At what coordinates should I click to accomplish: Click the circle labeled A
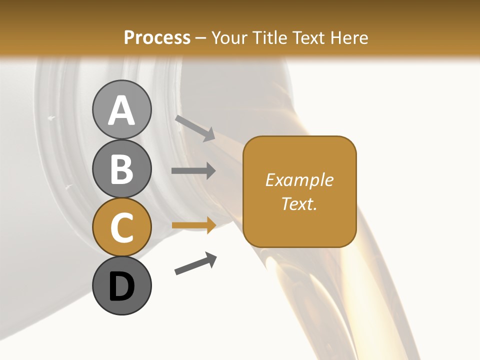point(121,110)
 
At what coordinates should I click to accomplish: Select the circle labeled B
point(121,168)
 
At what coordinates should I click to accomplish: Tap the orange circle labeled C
point(121,227)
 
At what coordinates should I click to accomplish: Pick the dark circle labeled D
point(121,285)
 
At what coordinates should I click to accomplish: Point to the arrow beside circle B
point(193,171)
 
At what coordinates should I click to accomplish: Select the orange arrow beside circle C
point(193,225)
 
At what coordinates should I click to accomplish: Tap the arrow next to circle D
point(195,263)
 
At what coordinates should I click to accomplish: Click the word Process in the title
point(157,37)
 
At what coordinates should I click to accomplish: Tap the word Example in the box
point(299,180)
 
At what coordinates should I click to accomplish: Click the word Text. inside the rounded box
point(299,203)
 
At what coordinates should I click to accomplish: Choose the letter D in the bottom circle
point(121,286)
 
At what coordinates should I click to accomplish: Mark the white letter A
point(121,110)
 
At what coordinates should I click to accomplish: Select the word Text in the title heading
point(308,37)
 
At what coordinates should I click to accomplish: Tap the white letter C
point(121,227)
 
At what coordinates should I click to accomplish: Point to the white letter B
point(121,169)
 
